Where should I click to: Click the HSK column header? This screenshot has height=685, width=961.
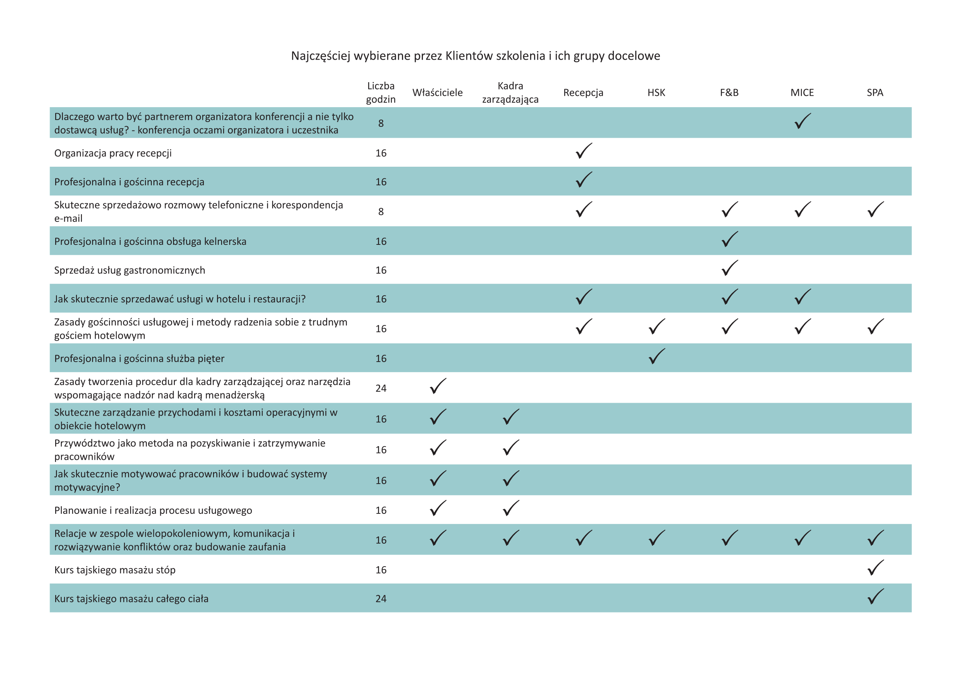[x=656, y=92]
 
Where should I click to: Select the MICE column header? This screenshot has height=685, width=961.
[x=802, y=92]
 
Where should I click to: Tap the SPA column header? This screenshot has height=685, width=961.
[x=875, y=92]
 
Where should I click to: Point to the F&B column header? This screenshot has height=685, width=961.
[x=729, y=92]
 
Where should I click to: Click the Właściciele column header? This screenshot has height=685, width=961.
[x=437, y=92]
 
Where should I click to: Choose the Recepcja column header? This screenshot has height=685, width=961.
[x=583, y=92]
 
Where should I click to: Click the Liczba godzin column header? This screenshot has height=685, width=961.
[x=381, y=92]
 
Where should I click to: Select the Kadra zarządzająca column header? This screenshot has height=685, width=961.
[x=510, y=92]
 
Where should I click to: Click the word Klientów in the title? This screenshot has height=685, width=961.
[x=469, y=56]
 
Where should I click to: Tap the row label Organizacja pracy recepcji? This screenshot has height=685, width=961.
[x=113, y=153]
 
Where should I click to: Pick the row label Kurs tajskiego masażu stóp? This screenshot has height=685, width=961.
[x=115, y=570]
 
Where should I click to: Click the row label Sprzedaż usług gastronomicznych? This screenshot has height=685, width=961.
[x=130, y=270]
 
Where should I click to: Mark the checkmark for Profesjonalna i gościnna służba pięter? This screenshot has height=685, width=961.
[x=657, y=356]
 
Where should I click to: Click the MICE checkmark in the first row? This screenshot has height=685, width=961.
[x=802, y=121]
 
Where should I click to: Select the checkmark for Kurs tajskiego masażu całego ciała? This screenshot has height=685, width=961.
[x=875, y=596]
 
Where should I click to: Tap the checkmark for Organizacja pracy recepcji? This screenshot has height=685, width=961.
[x=584, y=151]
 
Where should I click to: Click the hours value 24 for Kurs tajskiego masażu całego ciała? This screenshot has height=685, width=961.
[x=381, y=598]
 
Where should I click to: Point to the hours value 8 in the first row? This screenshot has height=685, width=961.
[x=381, y=123]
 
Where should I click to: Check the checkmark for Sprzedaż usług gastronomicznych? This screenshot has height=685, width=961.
[x=729, y=268]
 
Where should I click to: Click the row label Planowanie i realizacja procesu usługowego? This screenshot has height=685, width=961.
[x=153, y=510]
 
